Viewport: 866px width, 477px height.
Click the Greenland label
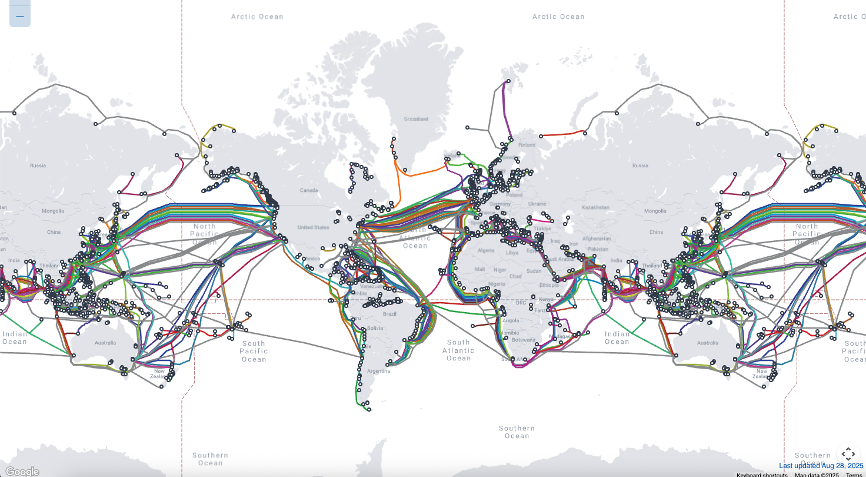pyautogui.click(x=416, y=119)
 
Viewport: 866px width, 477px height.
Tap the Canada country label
pyautogui.click(x=308, y=190)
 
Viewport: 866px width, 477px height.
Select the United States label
pyautogui.click(x=313, y=227)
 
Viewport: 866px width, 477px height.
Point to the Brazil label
pyautogui.click(x=389, y=314)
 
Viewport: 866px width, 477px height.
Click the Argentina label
pyautogui.click(x=378, y=371)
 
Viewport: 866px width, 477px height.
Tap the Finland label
pyautogui.click(x=527, y=145)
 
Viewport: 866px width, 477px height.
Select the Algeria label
pyautogui.click(x=486, y=250)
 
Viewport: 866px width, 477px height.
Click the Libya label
pyautogui.click(x=512, y=253)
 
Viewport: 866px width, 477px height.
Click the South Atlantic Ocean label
pyautogui.click(x=458, y=350)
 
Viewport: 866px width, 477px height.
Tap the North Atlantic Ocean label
pyautogui.click(x=415, y=238)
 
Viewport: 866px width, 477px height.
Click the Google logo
pyautogui.click(x=22, y=471)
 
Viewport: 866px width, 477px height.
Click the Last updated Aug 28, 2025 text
pyautogui.click(x=821, y=465)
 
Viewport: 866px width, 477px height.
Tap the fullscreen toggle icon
pyautogui.click(x=848, y=454)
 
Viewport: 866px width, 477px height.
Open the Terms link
pyautogui.click(x=854, y=475)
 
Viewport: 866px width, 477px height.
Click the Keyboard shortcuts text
pyautogui.click(x=762, y=475)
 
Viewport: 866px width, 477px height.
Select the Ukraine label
pyautogui.click(x=537, y=204)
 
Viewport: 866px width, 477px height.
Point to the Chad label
pyautogui.click(x=515, y=276)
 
